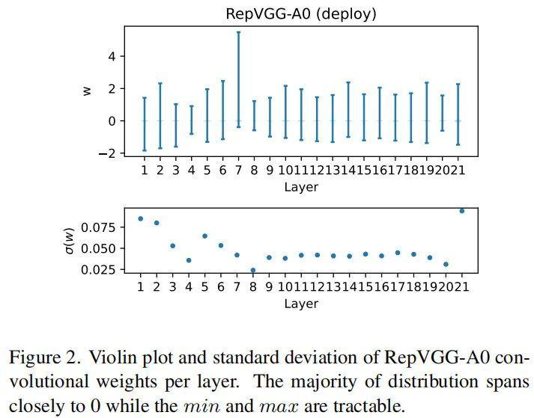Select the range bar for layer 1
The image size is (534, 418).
point(144,123)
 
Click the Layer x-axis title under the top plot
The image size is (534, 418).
point(301,187)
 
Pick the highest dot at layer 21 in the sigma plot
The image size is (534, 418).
point(461,211)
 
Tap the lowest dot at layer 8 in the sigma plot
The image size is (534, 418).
point(253,270)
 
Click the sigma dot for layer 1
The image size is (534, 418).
point(141,218)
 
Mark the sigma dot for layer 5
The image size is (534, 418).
point(204,236)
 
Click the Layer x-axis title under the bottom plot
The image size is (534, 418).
point(301,304)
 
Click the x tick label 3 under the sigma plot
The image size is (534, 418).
point(172,286)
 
